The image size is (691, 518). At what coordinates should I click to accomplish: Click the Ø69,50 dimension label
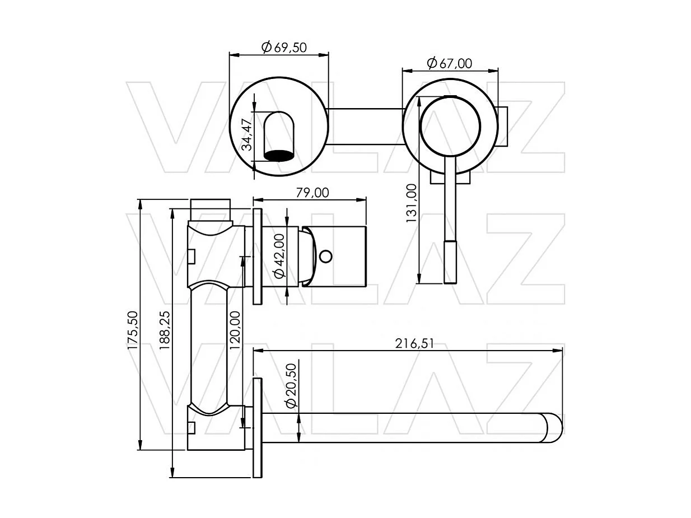tap(284, 47)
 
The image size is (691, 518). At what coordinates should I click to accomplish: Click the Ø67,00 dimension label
tap(449, 63)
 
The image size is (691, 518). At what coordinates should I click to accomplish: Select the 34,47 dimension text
tap(246, 135)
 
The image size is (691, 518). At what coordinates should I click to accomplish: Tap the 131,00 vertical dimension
tap(412, 203)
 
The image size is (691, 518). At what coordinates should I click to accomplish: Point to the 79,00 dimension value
tap(312, 193)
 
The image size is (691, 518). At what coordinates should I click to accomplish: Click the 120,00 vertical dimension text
tap(235, 330)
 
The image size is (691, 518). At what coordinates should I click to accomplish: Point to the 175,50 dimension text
tap(133, 330)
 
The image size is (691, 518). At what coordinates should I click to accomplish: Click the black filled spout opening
tap(279, 155)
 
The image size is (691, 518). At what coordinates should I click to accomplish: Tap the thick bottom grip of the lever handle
tap(450, 262)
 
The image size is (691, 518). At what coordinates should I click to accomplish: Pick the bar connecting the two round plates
tap(365, 126)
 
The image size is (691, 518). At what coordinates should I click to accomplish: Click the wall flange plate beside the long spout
tap(257, 428)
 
